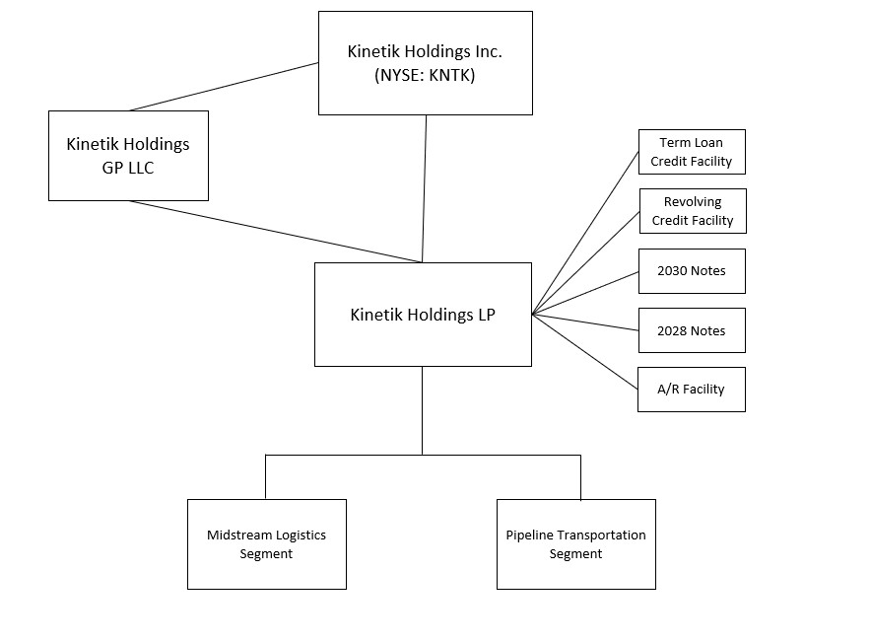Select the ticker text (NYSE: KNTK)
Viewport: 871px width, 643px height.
tap(425, 76)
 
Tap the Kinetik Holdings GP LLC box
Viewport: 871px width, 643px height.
tap(128, 156)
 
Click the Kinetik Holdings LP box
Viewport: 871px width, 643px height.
tap(423, 315)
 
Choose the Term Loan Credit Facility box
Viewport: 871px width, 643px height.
tap(692, 152)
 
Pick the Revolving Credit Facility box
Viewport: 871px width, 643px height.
tap(693, 211)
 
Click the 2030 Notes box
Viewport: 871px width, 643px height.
tap(692, 271)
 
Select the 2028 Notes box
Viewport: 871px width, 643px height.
tap(692, 330)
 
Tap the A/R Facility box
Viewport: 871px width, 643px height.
tap(692, 390)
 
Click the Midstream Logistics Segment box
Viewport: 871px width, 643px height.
tap(266, 544)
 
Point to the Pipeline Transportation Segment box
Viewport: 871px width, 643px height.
tap(575, 544)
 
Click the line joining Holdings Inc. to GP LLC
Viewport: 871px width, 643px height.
tap(225, 87)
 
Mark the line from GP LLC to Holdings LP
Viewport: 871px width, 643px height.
tap(276, 232)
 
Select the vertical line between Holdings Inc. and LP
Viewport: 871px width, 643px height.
tap(425, 187)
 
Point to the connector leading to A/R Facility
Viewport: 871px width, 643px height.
tap(585, 352)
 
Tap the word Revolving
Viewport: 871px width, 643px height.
tap(693, 202)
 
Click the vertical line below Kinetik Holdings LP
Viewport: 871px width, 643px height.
tap(423, 409)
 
